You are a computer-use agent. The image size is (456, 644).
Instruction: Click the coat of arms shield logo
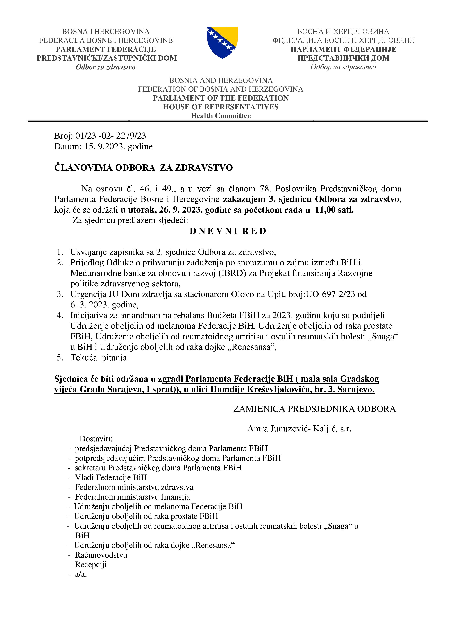tap(222, 42)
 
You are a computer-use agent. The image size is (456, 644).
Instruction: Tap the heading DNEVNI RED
tap(228, 231)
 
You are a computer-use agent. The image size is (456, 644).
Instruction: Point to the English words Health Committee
tap(221, 116)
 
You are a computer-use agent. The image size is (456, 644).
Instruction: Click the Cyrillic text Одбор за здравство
tap(343, 67)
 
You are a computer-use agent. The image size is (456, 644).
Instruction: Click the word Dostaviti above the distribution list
tap(96, 439)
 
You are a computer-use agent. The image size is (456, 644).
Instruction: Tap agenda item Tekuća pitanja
tap(100, 358)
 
